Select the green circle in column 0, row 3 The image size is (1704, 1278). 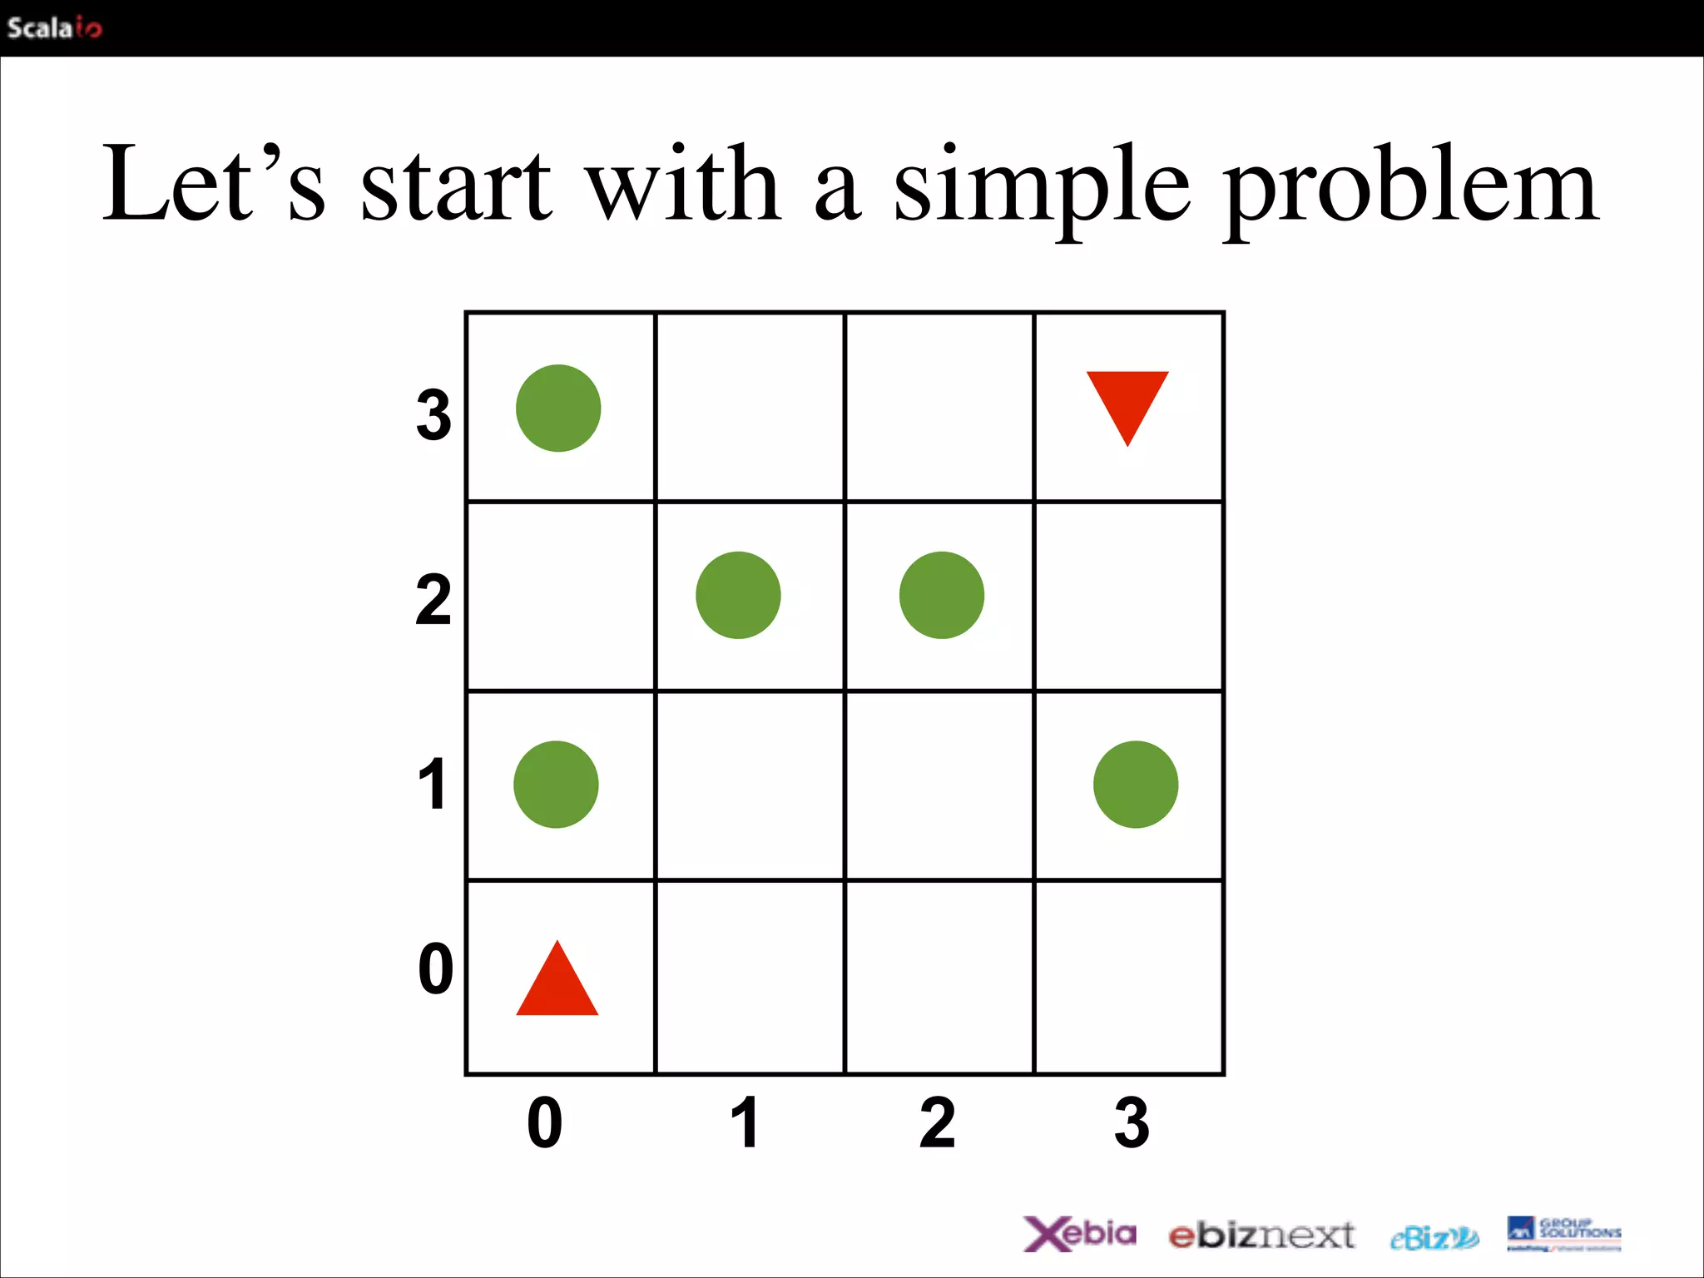(558, 409)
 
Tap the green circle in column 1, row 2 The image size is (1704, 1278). (738, 595)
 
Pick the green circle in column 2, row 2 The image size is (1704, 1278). (942, 595)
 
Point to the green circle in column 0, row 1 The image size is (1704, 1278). (556, 785)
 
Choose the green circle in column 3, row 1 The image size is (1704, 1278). (1136, 785)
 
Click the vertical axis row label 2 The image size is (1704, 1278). (433, 600)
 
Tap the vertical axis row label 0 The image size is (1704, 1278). (435, 969)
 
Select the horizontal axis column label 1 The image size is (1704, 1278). (745, 1122)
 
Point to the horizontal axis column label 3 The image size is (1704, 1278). (1132, 1122)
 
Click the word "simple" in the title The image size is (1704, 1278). (1041, 187)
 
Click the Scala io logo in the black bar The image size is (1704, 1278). (54, 28)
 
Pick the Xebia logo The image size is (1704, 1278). (1079, 1234)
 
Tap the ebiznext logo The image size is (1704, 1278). (1261, 1236)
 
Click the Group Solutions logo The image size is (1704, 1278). (1563, 1234)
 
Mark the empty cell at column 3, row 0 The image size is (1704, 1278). (1128, 977)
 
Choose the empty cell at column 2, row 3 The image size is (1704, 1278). (939, 407)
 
